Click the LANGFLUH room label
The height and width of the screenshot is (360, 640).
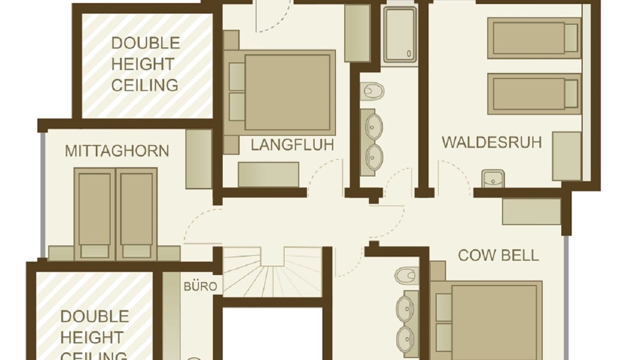292,145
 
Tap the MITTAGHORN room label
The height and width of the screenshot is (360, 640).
117,151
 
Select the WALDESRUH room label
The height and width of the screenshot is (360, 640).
491,142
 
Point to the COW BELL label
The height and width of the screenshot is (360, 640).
498,255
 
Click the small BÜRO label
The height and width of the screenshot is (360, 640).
200,286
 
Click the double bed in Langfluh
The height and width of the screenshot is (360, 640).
279,92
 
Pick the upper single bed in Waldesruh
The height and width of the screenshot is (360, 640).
534,38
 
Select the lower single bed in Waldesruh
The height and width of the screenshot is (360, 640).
534,94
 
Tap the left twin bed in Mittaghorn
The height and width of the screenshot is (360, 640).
94,214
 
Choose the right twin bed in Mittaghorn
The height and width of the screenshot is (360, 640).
136,214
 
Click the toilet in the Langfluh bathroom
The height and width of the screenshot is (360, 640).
371,91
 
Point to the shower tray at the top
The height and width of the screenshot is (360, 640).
400,35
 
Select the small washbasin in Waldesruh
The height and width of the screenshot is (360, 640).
493,178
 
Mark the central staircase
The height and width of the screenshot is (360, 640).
272,272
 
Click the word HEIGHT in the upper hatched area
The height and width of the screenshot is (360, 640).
142,63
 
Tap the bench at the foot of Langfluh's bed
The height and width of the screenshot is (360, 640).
268,174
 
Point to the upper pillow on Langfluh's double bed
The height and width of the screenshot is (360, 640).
237,77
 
